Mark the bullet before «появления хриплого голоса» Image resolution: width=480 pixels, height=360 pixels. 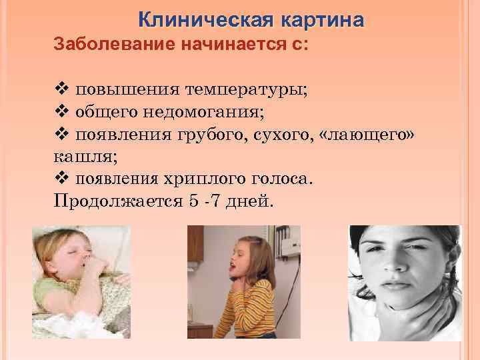click(x=60, y=179)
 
